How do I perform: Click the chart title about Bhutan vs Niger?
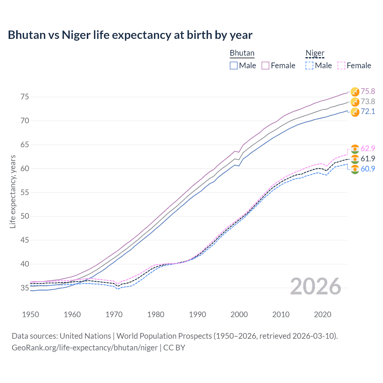(x=130, y=35)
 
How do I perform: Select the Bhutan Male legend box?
(x=234, y=66)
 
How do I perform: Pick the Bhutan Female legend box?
(x=265, y=66)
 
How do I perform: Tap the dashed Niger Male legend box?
(x=309, y=66)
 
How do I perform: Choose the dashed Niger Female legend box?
(x=341, y=66)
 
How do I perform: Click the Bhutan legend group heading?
(x=242, y=53)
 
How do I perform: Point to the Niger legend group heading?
(x=315, y=53)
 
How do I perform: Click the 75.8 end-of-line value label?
(x=368, y=91)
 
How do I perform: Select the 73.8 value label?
(x=368, y=101)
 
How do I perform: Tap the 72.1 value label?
(x=368, y=112)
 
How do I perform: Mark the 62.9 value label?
(x=368, y=148)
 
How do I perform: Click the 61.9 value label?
(x=368, y=159)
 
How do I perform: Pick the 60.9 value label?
(x=368, y=169)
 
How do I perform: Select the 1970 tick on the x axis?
(x=114, y=314)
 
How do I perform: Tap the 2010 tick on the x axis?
(x=281, y=314)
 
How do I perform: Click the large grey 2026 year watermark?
(x=315, y=286)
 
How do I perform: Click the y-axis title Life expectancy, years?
(x=13, y=191)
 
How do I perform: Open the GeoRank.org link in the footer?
(x=85, y=348)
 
